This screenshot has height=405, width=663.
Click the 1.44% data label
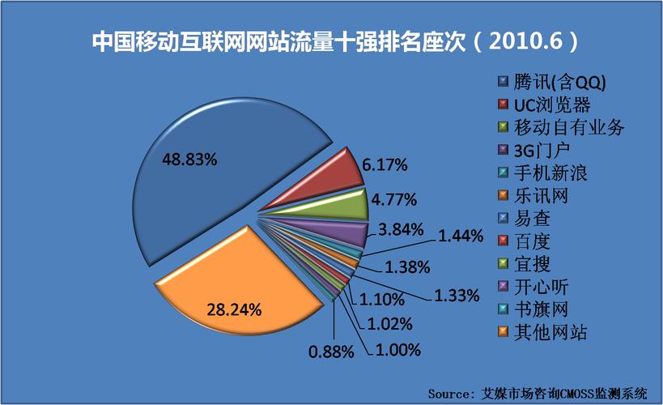click(x=461, y=237)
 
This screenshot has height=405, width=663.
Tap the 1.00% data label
click(x=397, y=350)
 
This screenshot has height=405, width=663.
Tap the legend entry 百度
click(x=538, y=241)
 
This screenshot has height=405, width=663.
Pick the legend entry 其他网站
click(x=551, y=331)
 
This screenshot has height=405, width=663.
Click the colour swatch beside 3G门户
click(x=503, y=150)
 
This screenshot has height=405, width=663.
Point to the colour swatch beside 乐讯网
click(x=503, y=195)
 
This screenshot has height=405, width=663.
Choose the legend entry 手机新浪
click(x=551, y=173)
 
